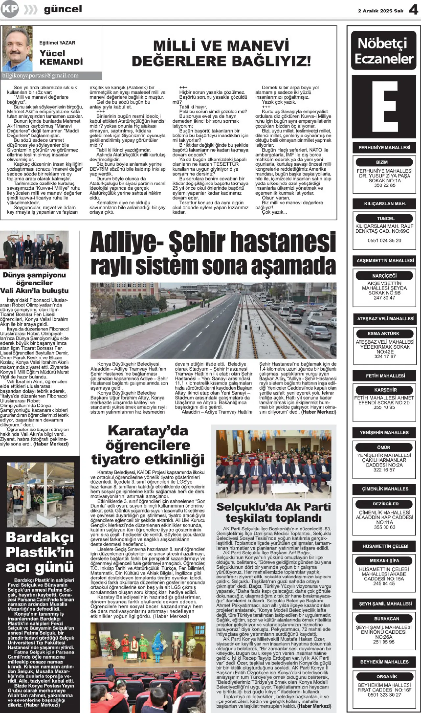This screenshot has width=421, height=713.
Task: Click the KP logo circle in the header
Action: [10, 9]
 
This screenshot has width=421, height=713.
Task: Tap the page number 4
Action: [413, 10]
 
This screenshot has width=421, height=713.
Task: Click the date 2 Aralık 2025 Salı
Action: [381, 11]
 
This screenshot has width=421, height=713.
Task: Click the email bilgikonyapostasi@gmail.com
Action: [40, 76]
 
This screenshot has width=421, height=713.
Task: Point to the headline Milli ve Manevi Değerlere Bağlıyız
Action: [221, 53]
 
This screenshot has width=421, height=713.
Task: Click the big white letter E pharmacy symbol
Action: [384, 107]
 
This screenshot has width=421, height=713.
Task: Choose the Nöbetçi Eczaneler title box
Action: [384, 51]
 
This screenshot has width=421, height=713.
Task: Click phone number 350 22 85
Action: [384, 185]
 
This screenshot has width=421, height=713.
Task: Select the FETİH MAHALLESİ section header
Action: [385, 376]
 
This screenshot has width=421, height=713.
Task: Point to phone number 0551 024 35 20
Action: [384, 240]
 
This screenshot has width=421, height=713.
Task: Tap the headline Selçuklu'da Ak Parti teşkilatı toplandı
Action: [274, 512]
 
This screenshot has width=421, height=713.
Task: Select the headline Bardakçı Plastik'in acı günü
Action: [40, 552]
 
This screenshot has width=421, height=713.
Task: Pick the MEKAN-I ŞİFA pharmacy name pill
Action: [384, 561]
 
